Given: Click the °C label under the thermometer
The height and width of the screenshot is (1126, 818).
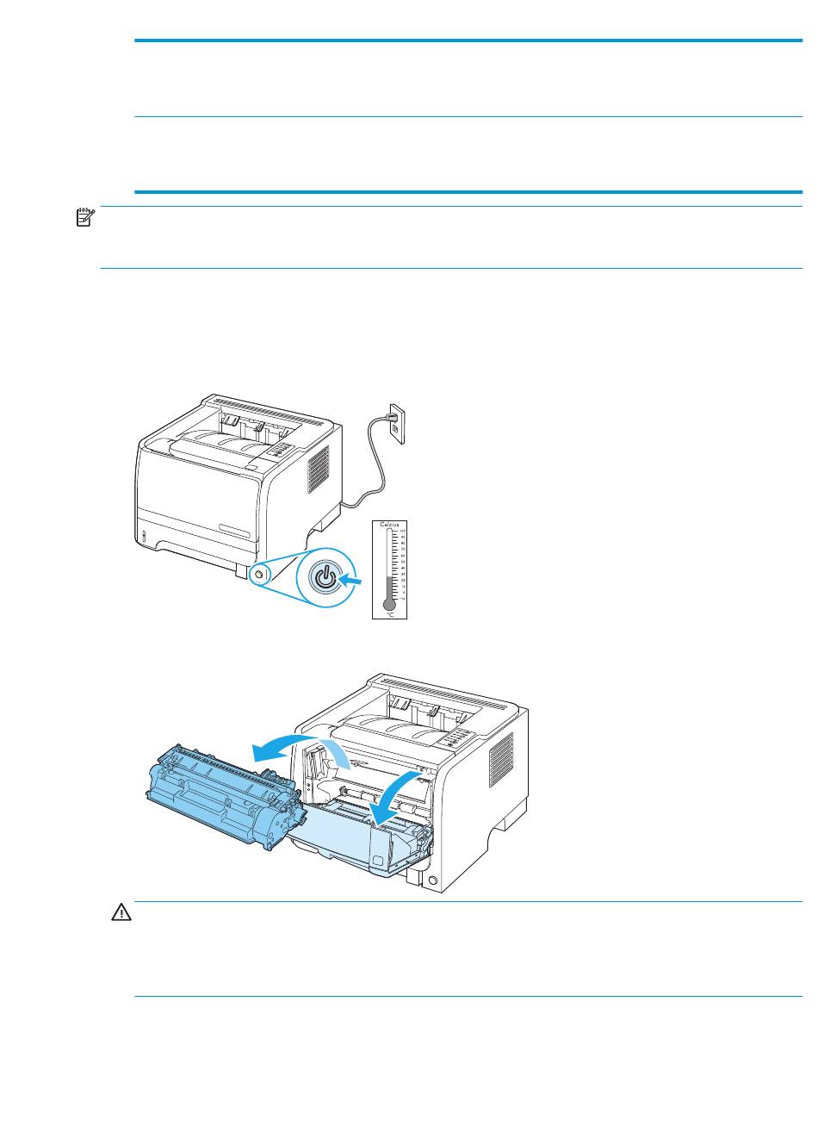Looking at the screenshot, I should pos(389,614).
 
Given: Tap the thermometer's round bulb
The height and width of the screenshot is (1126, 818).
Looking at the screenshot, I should pos(389,604).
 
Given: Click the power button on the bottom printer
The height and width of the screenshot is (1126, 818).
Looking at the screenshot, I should pos(432,880).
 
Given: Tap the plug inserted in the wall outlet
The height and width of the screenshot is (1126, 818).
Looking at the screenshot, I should pos(394,421).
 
